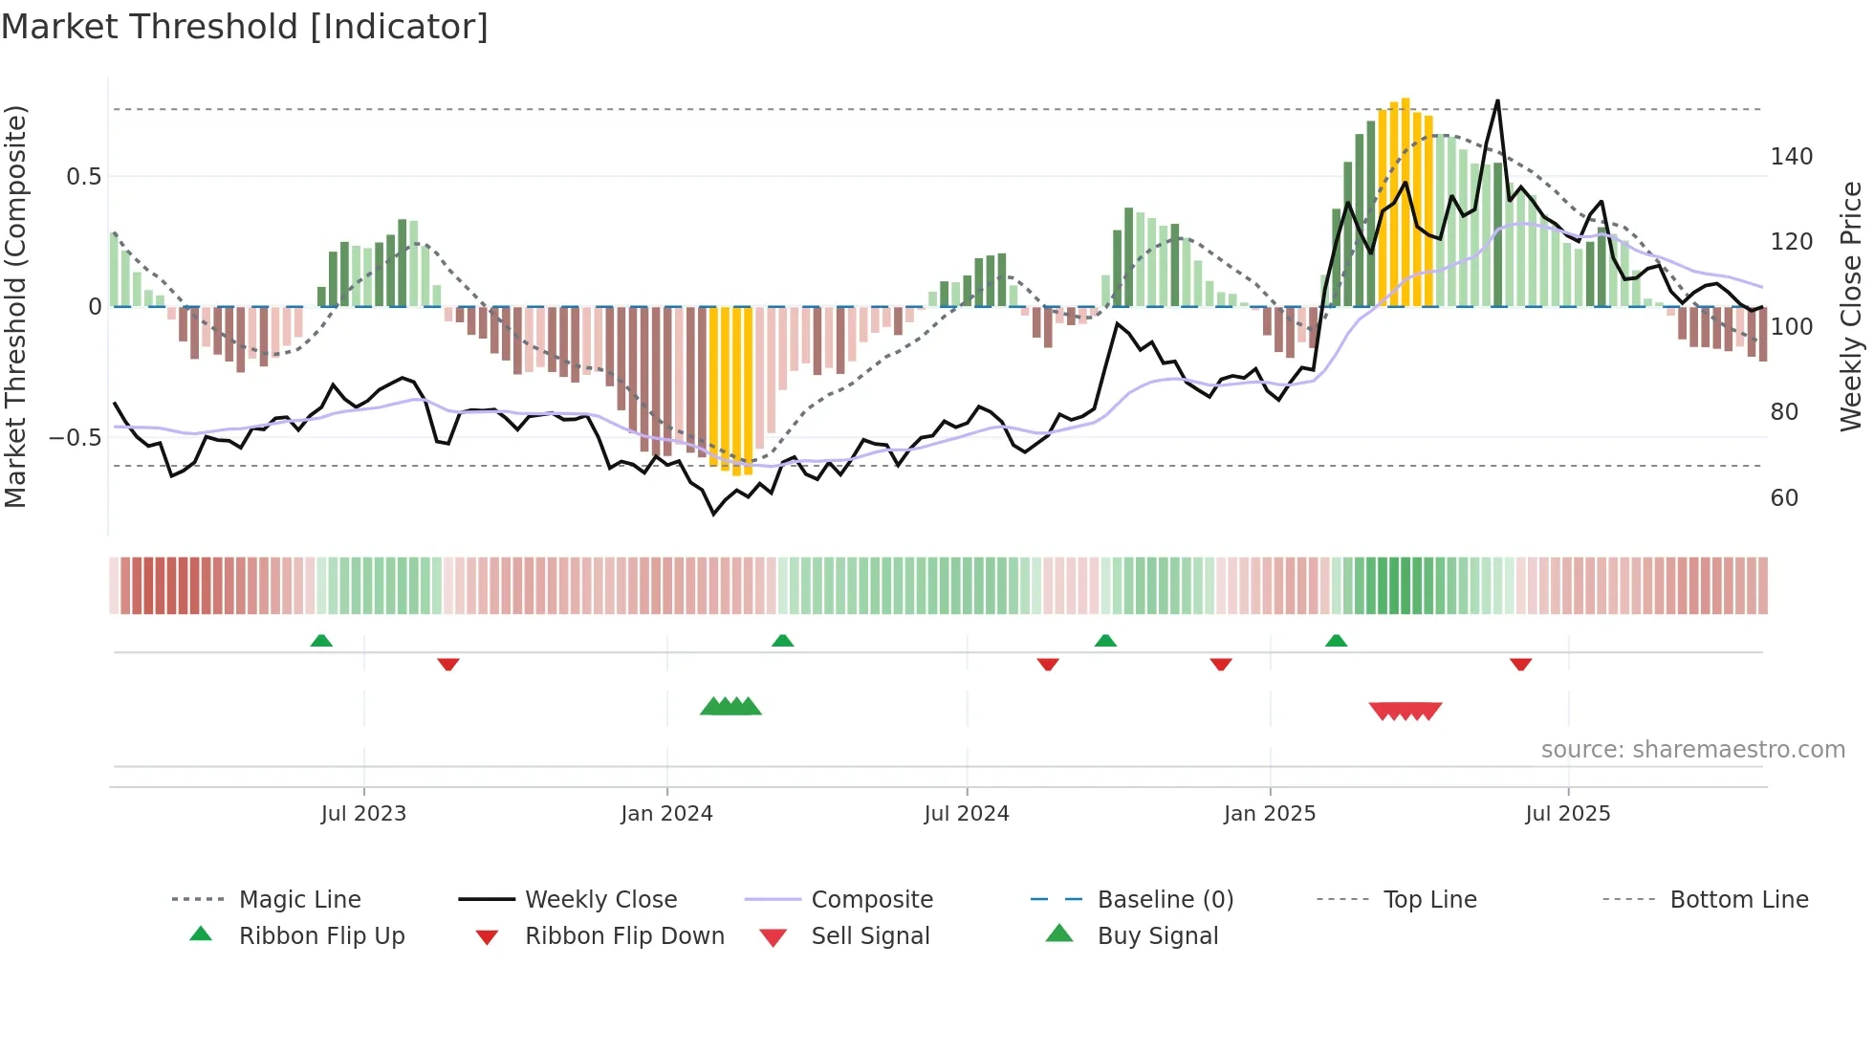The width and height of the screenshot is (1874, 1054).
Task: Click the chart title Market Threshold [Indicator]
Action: point(245,27)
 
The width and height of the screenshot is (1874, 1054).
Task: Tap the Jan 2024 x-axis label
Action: point(666,814)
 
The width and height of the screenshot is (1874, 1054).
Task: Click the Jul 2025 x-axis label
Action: point(1567,814)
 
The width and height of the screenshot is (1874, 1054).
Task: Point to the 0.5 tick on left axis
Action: point(83,177)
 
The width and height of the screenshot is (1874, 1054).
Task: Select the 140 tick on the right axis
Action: point(1791,157)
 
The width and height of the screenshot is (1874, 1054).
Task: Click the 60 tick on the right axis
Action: point(1784,498)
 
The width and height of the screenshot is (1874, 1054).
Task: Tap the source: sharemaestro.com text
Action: point(1692,750)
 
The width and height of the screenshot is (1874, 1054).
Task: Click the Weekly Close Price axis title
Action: point(1851,306)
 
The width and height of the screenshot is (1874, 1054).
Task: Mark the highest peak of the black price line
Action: point(1497,100)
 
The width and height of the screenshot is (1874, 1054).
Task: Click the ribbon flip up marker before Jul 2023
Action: point(321,641)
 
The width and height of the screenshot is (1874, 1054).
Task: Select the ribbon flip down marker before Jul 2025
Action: point(1520,664)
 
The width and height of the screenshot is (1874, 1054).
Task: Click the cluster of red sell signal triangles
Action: point(1405,711)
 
